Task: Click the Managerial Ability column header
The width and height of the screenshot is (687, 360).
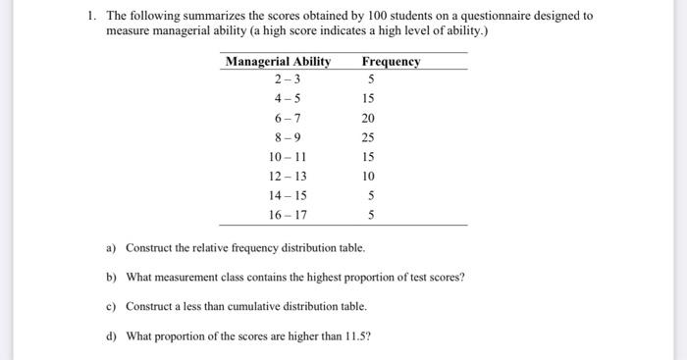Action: (278, 61)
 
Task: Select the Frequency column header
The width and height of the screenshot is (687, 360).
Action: (391, 61)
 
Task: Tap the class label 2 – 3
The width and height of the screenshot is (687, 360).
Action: (288, 79)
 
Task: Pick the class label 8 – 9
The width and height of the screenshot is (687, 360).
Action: (288, 137)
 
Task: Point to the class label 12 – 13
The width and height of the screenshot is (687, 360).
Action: (288, 176)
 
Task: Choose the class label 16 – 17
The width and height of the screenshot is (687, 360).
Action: (288, 214)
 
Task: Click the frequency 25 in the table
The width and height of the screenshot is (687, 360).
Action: (368, 137)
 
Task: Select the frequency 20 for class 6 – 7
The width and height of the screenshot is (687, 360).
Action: (368, 118)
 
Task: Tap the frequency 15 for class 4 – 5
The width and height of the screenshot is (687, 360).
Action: (368, 99)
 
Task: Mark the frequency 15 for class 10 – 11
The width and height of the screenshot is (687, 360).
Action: (368, 157)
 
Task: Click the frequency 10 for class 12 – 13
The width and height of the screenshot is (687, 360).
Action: (368, 176)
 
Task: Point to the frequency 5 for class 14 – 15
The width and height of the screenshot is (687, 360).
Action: (371, 195)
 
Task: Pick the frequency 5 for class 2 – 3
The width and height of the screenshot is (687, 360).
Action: (371, 79)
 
